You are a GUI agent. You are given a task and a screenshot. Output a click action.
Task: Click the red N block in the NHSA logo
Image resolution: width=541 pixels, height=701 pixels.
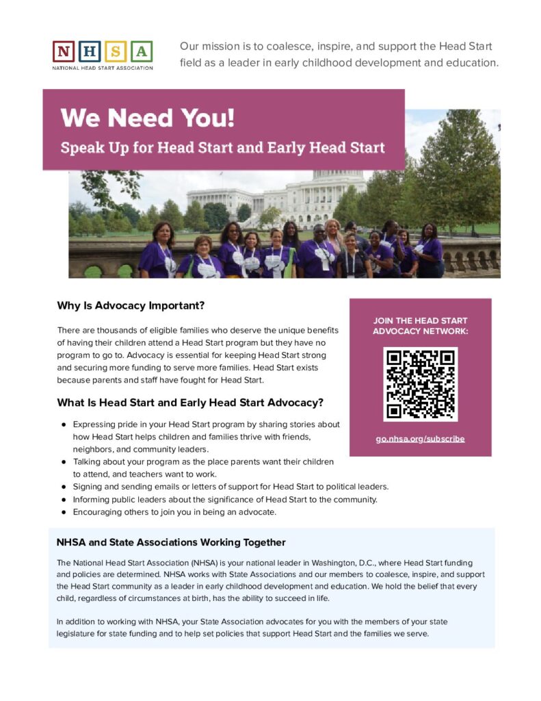click(x=64, y=51)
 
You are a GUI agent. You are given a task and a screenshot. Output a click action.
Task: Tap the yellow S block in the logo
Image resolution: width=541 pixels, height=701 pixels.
click(x=116, y=51)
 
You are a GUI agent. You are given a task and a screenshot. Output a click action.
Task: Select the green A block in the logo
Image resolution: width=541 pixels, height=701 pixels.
click(x=142, y=51)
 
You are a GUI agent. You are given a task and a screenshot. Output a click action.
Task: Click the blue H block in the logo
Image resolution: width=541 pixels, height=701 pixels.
click(x=90, y=51)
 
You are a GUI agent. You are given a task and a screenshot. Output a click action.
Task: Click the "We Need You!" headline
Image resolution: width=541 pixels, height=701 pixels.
click(x=147, y=118)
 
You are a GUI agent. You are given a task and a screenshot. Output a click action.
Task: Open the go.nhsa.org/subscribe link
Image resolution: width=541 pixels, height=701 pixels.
click(x=420, y=438)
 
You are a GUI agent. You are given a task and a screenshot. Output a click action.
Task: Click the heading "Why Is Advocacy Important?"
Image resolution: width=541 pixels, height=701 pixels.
click(x=131, y=305)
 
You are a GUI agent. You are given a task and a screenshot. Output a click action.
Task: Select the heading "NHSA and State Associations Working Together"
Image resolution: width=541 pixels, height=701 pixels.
click(x=171, y=542)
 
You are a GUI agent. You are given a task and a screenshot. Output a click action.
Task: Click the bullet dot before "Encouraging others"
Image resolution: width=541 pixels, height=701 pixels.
click(x=63, y=512)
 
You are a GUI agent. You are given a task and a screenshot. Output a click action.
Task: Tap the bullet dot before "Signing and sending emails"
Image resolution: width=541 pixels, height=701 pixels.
click(x=63, y=487)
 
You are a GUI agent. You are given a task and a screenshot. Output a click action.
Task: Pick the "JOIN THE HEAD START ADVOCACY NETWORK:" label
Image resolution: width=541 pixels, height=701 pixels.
click(x=420, y=326)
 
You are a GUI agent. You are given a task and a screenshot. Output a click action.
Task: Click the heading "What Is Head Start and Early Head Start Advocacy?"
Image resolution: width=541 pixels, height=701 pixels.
click(x=190, y=402)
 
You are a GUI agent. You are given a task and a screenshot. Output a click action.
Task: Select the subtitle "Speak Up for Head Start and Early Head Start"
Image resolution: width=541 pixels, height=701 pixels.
click(x=222, y=148)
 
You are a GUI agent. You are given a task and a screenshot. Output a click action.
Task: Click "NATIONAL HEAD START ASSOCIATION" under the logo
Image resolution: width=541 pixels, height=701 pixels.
click(x=103, y=68)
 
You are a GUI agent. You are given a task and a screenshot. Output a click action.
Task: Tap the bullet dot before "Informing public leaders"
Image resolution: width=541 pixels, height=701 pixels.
click(x=63, y=499)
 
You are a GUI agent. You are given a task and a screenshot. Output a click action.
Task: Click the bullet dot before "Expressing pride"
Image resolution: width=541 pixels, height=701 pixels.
click(x=63, y=424)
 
